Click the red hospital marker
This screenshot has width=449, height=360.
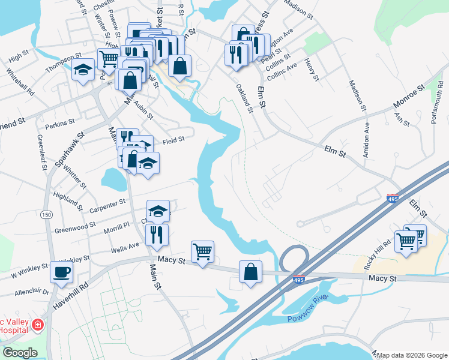click(37, 325)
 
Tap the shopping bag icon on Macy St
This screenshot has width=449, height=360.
click(250, 272)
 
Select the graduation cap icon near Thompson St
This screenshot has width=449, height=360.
click(83, 70)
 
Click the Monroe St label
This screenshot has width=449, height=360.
click(409, 95)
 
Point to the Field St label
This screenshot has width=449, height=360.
click(173, 139)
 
